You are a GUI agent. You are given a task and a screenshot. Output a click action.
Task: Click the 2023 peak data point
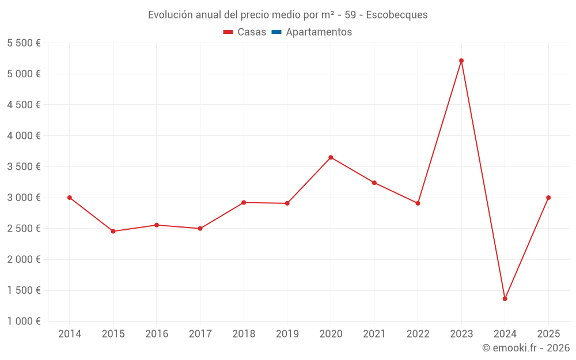click(x=461, y=60)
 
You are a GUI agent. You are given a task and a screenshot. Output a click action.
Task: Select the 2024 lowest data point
click(x=505, y=298)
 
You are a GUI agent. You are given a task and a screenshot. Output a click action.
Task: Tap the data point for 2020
click(x=331, y=157)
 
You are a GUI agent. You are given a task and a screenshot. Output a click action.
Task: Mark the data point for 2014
click(x=70, y=198)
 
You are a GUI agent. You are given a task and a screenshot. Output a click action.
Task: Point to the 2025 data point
click(x=548, y=198)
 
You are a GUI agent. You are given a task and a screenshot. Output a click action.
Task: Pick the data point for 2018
click(x=244, y=202)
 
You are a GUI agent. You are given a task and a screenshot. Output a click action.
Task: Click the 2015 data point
click(x=113, y=231)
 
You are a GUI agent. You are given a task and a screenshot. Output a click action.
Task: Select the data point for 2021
click(x=374, y=183)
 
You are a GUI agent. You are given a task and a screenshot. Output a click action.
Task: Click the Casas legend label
click(x=252, y=32)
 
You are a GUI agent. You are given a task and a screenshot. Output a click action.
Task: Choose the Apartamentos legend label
click(x=319, y=32)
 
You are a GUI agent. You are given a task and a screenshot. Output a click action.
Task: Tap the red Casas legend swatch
click(x=228, y=32)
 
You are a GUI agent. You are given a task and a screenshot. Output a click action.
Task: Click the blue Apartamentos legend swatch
click(x=276, y=32)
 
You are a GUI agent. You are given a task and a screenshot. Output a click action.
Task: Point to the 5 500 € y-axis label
click(x=24, y=43)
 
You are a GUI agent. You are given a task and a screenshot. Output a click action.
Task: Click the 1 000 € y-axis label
click(x=24, y=321)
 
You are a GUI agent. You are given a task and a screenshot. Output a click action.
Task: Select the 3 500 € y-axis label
click(x=24, y=166)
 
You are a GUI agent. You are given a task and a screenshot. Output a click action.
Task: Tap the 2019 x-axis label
click(x=287, y=334)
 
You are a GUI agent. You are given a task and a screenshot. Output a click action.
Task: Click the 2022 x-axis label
click(x=418, y=334)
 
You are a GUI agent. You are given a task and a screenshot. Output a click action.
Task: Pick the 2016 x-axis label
click(x=157, y=334)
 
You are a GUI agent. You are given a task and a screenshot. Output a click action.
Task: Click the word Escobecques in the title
click(x=397, y=15)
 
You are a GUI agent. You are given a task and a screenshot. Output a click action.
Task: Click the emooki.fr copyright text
click(x=526, y=348)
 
